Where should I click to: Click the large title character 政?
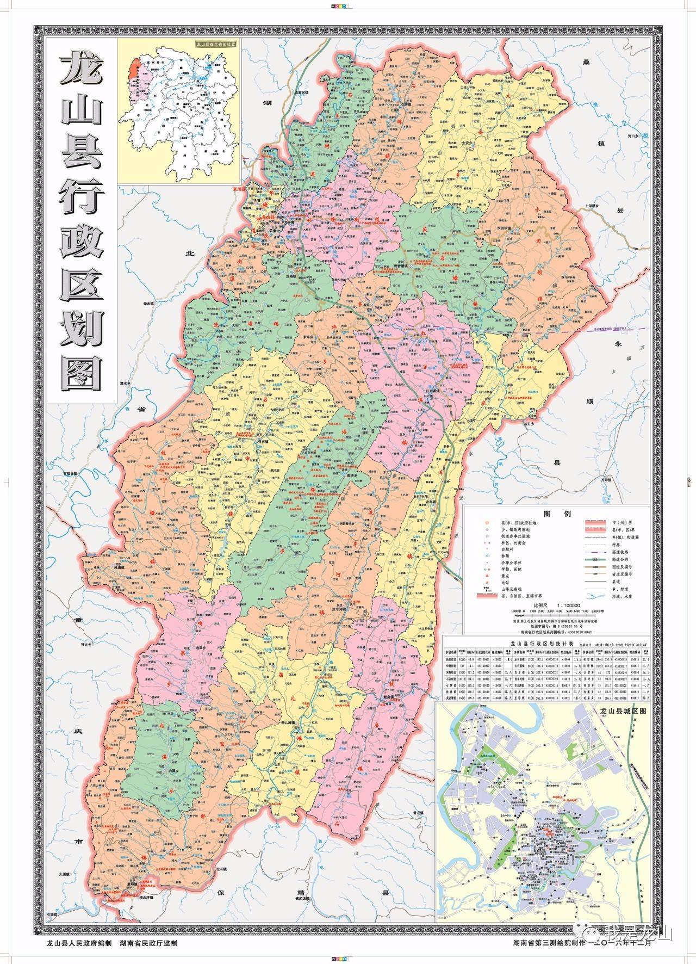pos(82,240)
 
